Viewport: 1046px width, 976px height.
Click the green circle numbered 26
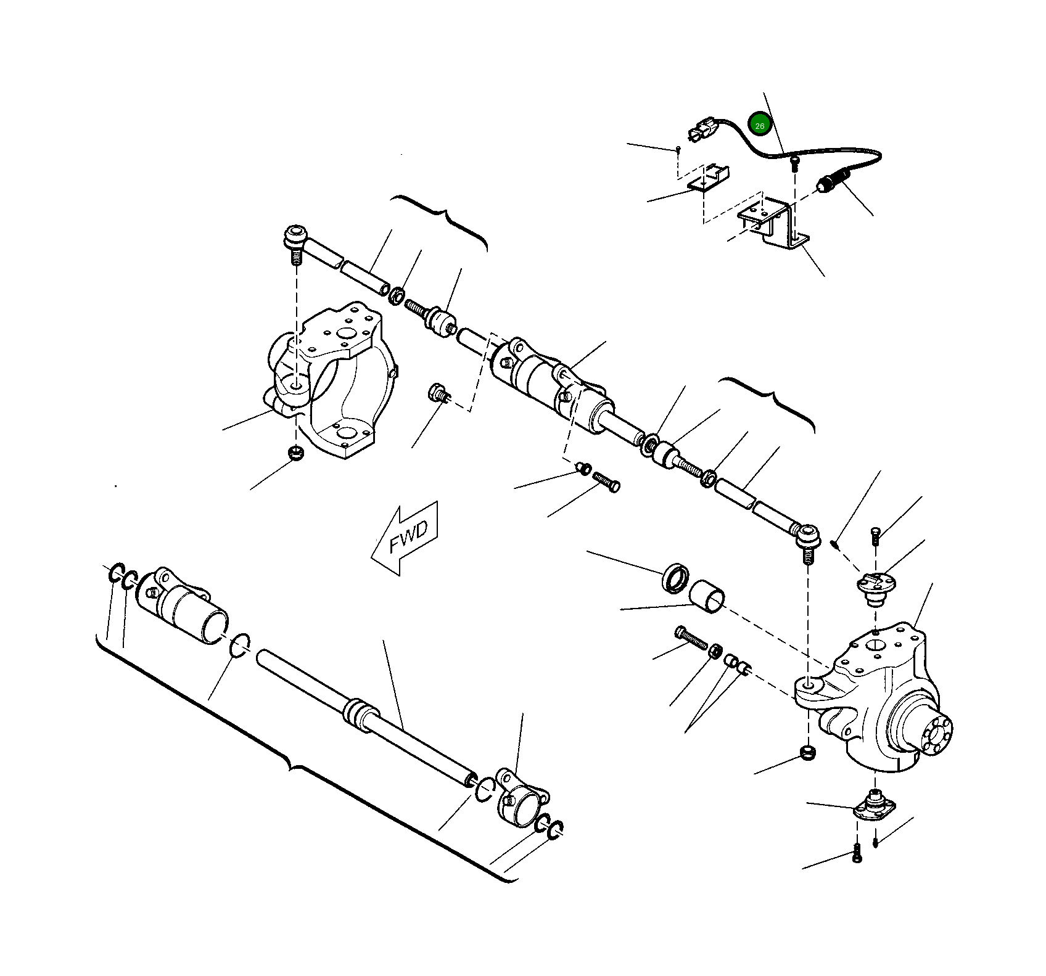tap(759, 125)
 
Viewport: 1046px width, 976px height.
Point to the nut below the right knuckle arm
tap(808, 752)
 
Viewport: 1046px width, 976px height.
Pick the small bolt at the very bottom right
tap(856, 854)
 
